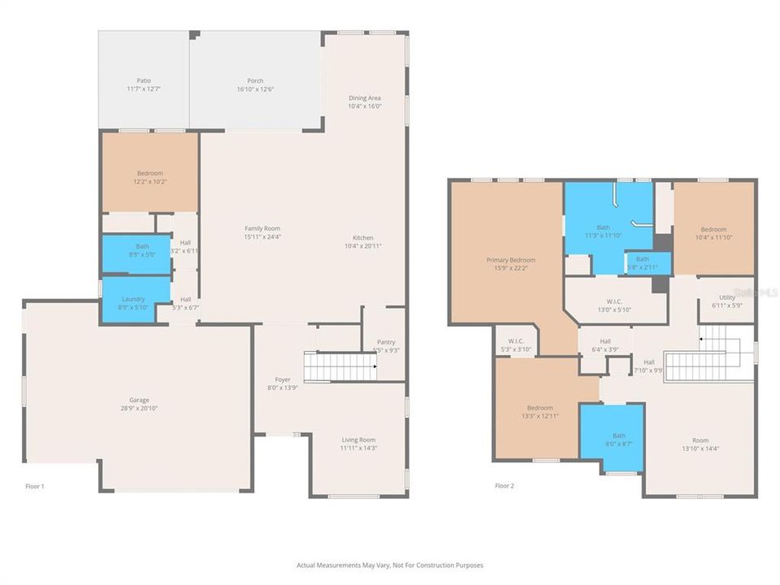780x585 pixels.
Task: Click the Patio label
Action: click(x=143, y=80)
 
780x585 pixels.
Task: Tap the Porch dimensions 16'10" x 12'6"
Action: click(x=255, y=89)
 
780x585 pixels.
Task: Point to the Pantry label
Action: click(x=385, y=342)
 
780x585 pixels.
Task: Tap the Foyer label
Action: click(x=282, y=379)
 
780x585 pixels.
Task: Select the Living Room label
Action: click(x=357, y=440)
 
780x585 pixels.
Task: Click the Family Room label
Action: click(x=262, y=228)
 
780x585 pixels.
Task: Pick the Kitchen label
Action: click(x=364, y=237)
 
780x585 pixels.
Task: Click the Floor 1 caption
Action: click(x=34, y=486)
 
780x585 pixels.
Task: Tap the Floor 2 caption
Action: click(x=504, y=486)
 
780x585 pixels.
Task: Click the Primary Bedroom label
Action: click(x=510, y=260)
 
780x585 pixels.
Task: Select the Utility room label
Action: click(x=726, y=297)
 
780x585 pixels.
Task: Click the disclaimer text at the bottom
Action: click(x=390, y=565)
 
